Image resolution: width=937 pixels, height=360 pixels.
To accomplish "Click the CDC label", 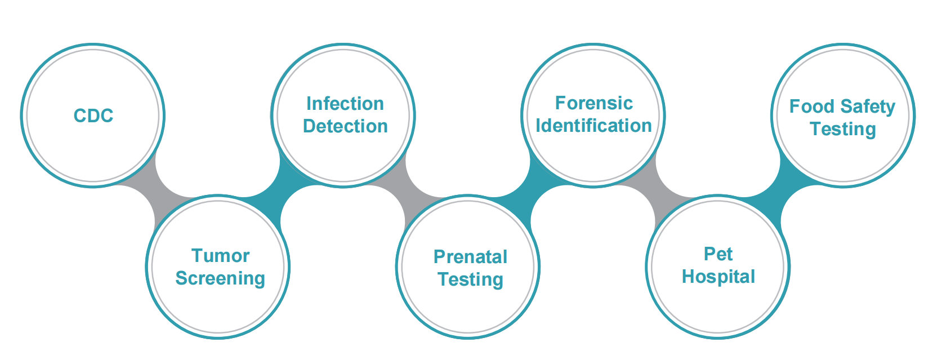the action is (x=93, y=115).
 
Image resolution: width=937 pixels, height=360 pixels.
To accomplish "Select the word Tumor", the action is (x=220, y=256).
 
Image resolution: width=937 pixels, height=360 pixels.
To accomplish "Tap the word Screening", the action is (x=220, y=279).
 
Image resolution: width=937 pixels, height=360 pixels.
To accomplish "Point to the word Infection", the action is (x=345, y=104).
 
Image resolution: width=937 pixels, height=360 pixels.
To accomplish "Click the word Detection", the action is (x=345, y=126).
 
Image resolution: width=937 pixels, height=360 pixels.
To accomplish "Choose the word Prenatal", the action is (x=470, y=256).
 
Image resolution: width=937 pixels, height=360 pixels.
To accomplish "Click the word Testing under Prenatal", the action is (x=470, y=280).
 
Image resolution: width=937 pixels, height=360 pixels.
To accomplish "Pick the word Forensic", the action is (x=594, y=103).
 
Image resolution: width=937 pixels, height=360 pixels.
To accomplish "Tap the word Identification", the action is (x=594, y=126).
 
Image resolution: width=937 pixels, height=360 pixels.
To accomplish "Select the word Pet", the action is (x=718, y=254).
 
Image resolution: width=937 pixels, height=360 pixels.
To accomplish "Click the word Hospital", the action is (x=718, y=277).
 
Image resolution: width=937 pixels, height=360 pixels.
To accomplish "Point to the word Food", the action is (x=812, y=106).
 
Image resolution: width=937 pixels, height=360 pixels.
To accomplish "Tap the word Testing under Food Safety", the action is (x=843, y=130).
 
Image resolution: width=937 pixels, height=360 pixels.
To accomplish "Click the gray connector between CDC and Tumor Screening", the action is (x=155, y=191).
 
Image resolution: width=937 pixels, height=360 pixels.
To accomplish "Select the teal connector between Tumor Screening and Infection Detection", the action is (x=280, y=191).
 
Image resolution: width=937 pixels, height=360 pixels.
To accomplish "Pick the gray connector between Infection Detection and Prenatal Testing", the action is (x=405, y=191).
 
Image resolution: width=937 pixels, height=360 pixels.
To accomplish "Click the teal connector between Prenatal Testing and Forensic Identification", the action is (x=530, y=191).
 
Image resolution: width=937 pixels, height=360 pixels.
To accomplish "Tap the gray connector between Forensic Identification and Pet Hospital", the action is (x=655, y=191).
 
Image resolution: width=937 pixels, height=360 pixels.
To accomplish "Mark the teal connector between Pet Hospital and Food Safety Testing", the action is (x=780, y=191).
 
